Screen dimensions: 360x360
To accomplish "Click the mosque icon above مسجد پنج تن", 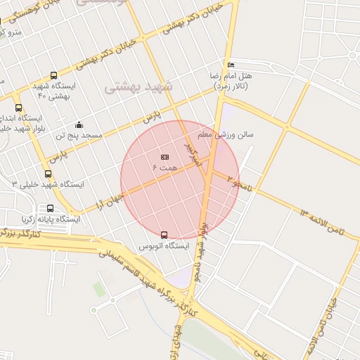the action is coord(79,124).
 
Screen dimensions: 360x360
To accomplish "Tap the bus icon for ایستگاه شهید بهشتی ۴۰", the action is coord(54,76).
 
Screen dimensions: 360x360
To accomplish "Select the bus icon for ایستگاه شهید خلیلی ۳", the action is coord(48,174).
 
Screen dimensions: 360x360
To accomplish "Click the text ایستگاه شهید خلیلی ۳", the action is coord(49,184).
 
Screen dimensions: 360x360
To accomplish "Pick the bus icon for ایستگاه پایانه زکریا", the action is coord(50,209).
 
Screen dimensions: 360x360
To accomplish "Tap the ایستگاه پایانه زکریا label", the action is coord(50,219).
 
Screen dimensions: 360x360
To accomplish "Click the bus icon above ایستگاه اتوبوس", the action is coord(165,235).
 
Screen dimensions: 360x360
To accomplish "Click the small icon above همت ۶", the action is coord(165,157).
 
